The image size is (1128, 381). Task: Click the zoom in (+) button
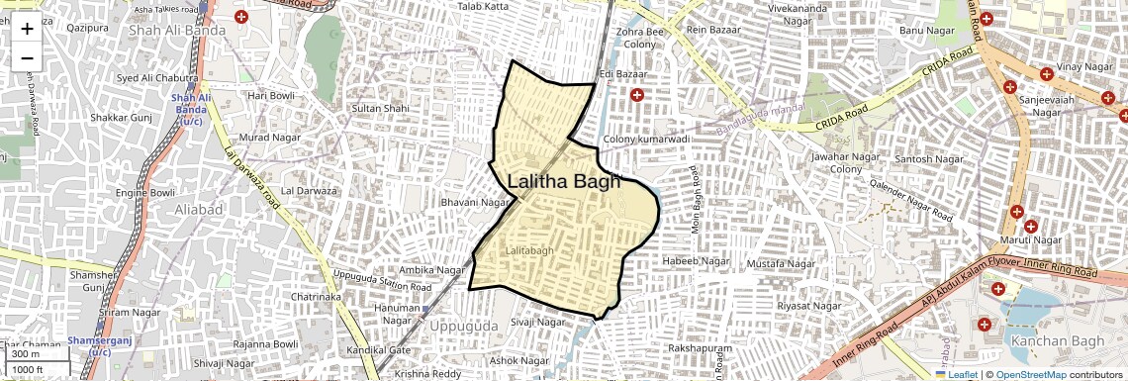pyautogui.click(x=27, y=28)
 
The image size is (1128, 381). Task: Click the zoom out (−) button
pyautogui.click(x=27, y=56)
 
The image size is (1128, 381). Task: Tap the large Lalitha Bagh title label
pyautogui.click(x=563, y=181)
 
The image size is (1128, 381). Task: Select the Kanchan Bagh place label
pyautogui.click(x=1052, y=341)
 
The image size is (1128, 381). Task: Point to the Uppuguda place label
pyautogui.click(x=464, y=326)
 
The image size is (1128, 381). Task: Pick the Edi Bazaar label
pyautogui.click(x=622, y=75)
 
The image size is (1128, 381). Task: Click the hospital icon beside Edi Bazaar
pyautogui.click(x=637, y=95)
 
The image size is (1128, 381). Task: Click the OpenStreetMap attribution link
pyautogui.click(x=1030, y=374)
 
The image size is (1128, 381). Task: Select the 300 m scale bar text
pyautogui.click(x=27, y=354)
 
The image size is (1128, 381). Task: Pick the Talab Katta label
pyautogui.click(x=482, y=7)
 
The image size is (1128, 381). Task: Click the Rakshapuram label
pyautogui.click(x=700, y=349)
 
